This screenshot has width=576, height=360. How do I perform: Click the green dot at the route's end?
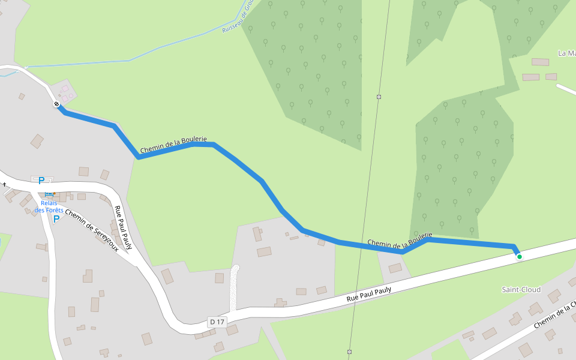click(x=520, y=257)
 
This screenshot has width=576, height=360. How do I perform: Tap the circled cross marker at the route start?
click(x=56, y=104)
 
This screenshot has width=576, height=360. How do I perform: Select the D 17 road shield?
click(x=217, y=322)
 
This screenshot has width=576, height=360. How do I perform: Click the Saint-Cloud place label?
click(x=521, y=290)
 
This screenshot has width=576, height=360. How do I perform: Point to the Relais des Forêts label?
click(x=49, y=207)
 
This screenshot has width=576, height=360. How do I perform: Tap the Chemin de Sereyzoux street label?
click(x=91, y=230)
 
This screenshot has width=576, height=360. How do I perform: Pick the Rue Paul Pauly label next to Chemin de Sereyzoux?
click(x=123, y=227)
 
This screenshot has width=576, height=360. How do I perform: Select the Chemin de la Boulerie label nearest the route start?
click(x=173, y=145)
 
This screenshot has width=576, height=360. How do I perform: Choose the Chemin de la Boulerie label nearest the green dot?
click(x=400, y=239)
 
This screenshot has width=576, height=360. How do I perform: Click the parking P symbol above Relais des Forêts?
click(x=41, y=181)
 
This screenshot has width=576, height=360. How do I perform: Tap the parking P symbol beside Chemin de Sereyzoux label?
click(x=56, y=219)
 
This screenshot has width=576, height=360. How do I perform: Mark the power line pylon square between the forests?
click(x=379, y=97)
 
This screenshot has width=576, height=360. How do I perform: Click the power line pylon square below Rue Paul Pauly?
click(x=349, y=352)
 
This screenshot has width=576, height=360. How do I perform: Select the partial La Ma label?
click(x=566, y=53)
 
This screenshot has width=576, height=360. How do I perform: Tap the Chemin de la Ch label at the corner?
click(x=554, y=314)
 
